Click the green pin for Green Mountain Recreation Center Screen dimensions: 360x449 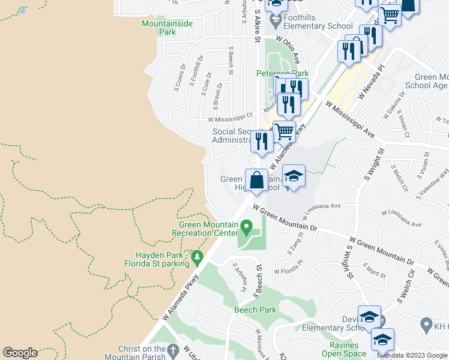(246, 227)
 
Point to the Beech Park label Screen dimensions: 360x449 (255, 310)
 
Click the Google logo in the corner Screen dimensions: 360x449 (20, 353)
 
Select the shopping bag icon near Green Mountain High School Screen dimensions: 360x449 (257, 180)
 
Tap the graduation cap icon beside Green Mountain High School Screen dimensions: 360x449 (293, 176)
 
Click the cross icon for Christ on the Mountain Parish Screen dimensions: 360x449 (173, 350)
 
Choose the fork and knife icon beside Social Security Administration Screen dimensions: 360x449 (262, 140)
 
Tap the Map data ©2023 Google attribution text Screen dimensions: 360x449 (412, 355)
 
